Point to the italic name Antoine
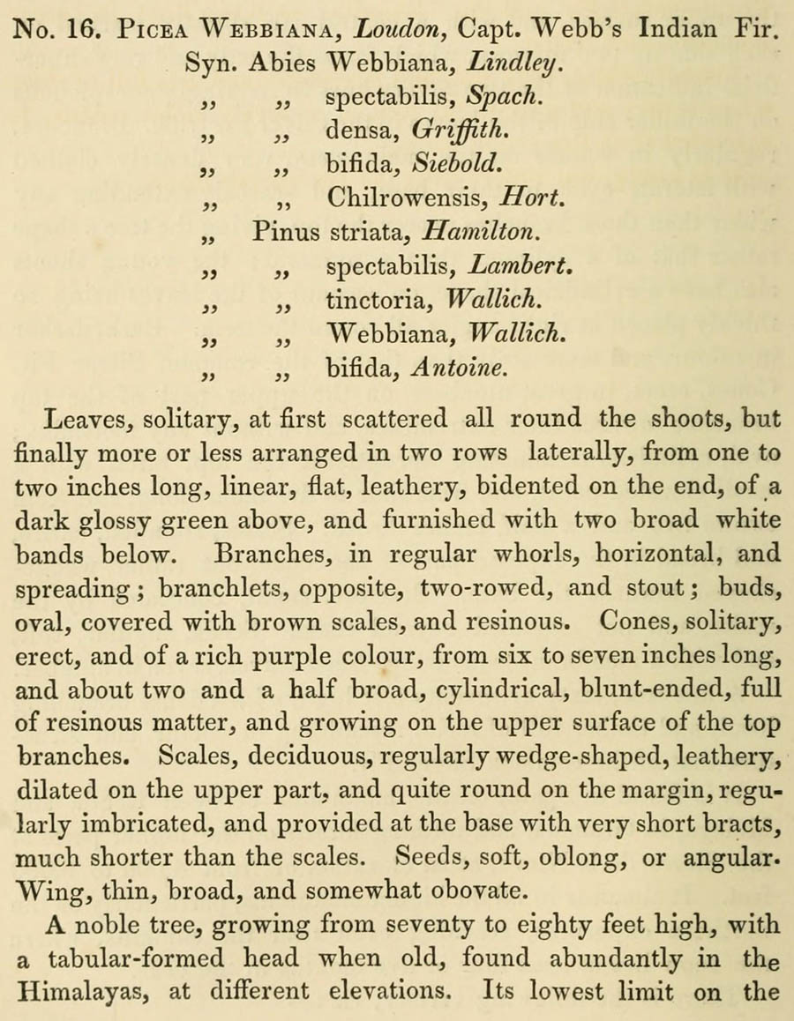tap(460, 368)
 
